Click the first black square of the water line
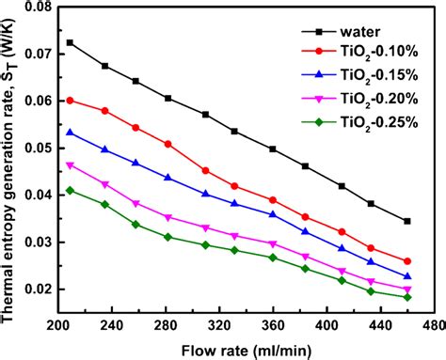pos(71,42)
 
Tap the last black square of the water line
pos(406,221)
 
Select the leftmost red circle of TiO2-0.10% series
pos(71,100)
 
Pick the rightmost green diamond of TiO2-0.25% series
pos(406,297)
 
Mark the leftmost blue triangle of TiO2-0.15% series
pos(71,133)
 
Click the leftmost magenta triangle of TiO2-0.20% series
pos(71,164)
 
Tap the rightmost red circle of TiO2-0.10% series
pos(406,261)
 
